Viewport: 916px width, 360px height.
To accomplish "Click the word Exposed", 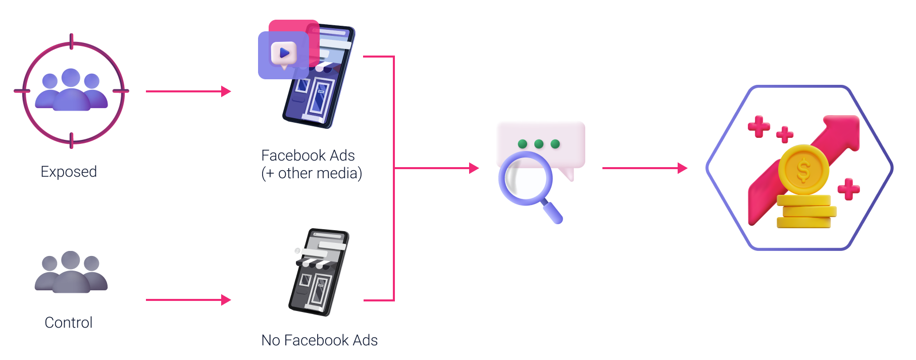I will (x=69, y=172).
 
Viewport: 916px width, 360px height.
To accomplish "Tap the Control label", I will (x=69, y=323).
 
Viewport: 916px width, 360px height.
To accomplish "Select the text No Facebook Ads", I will (x=319, y=340).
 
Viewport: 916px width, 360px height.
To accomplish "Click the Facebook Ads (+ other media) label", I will (x=311, y=164).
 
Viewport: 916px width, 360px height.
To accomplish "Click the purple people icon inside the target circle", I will (x=71, y=91).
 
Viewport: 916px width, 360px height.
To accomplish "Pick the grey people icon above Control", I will (x=71, y=273).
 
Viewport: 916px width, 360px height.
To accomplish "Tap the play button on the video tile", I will (x=284, y=53).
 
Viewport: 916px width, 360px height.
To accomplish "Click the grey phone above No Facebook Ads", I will (x=319, y=273).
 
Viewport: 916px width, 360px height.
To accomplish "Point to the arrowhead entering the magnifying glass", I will (x=474, y=168).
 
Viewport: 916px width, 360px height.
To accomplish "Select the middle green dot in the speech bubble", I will (x=539, y=144).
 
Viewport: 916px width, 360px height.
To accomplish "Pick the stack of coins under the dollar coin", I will (x=804, y=212).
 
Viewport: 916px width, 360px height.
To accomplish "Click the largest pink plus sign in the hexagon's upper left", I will (x=758, y=126).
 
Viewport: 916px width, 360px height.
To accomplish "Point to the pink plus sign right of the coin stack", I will (x=848, y=189).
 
